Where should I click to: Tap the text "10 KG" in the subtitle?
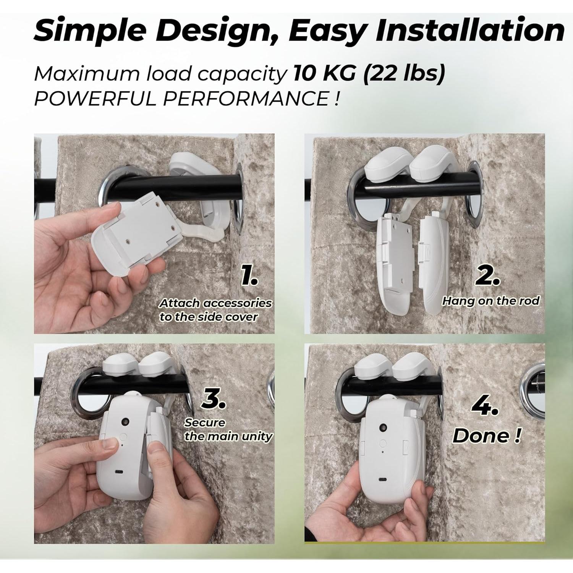click(324, 73)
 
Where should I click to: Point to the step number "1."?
click(249, 276)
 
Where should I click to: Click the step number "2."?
click(487, 276)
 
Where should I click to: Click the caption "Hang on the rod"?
click(490, 301)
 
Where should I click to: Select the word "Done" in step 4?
click(480, 435)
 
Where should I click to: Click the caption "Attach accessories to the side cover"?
click(215, 310)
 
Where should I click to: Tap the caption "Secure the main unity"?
click(228, 429)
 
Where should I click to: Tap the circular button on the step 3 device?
click(122, 436)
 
